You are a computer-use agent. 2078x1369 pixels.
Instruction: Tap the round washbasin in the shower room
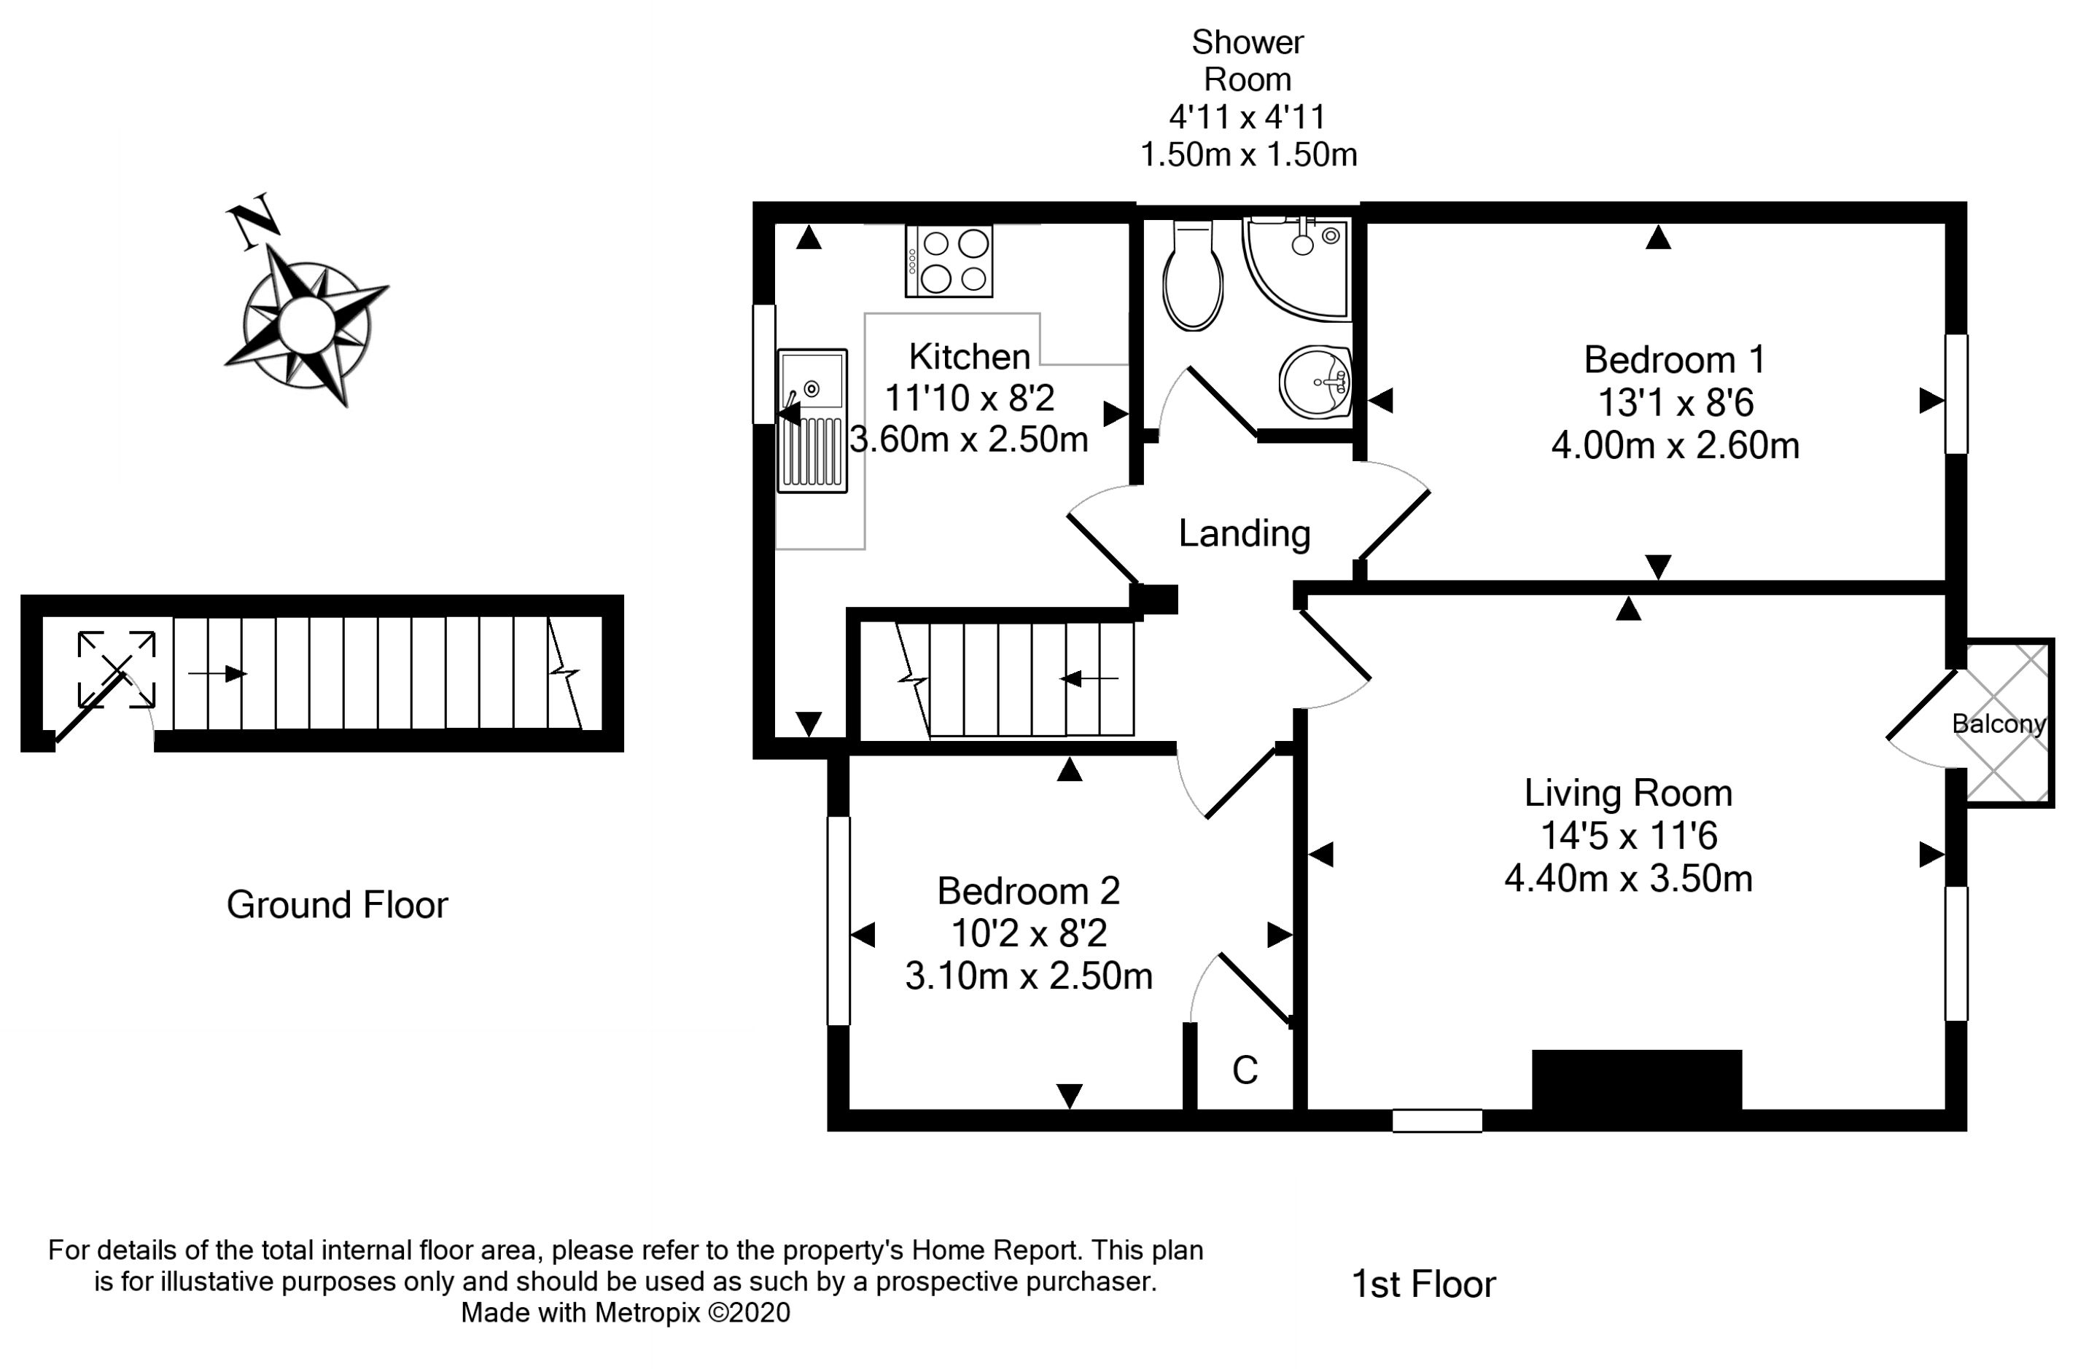1315,383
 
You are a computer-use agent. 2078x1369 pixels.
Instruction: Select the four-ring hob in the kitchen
949,261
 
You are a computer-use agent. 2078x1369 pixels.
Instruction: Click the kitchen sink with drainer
812,421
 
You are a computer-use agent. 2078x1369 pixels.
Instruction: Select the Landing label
1245,533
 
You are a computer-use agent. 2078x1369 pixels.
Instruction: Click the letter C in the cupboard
1245,1070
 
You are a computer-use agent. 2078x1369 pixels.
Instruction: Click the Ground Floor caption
337,906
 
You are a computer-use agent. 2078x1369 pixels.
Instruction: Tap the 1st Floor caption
1424,1284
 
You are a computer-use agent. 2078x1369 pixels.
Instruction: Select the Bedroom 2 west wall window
838,920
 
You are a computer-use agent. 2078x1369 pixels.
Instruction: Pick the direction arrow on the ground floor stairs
217,673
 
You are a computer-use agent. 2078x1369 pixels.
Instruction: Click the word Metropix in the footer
648,1312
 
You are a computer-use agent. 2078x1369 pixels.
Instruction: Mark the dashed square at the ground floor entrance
117,670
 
